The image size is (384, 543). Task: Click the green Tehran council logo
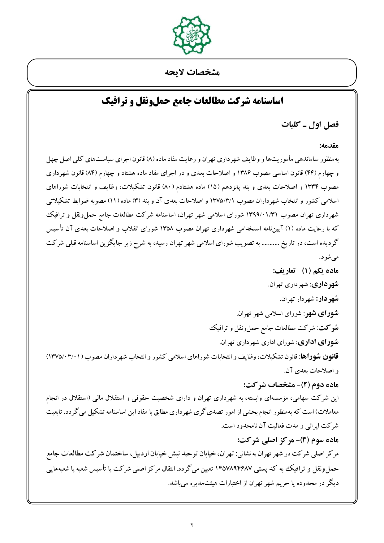(192, 35)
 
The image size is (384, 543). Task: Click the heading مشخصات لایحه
(192, 73)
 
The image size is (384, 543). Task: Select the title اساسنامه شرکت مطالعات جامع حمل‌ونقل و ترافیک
(192, 101)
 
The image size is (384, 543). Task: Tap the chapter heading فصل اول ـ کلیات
(310, 125)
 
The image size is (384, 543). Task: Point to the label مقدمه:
(329, 145)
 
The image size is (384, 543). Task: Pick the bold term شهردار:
(327, 299)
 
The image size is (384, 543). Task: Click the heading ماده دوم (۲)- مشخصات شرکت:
(291, 385)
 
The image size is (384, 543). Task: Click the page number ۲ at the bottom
(192, 524)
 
